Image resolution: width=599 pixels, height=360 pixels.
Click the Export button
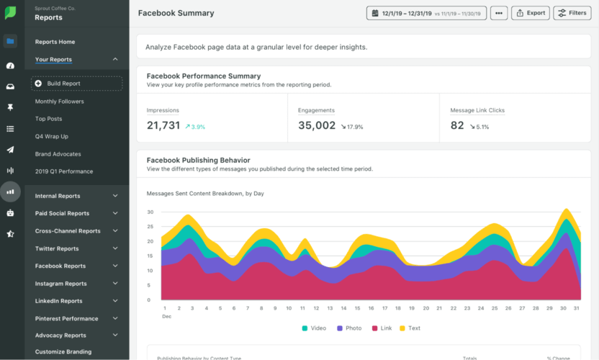point(531,13)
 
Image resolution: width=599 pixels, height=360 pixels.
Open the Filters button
point(572,13)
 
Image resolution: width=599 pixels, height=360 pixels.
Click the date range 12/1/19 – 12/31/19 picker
point(426,13)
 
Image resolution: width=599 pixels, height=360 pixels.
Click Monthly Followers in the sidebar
point(59,102)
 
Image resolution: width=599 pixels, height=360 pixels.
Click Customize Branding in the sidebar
point(63,352)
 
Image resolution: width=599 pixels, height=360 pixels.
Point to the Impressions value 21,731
point(163,125)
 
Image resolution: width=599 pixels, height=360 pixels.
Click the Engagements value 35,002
point(317,125)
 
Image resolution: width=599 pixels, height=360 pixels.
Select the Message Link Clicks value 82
point(457,125)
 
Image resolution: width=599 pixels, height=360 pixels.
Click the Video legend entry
point(314,328)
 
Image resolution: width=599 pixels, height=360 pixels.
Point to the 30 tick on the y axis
point(150,212)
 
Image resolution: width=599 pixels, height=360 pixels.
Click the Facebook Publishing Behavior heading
point(198,160)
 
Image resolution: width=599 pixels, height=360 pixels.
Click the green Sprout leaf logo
point(11,13)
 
